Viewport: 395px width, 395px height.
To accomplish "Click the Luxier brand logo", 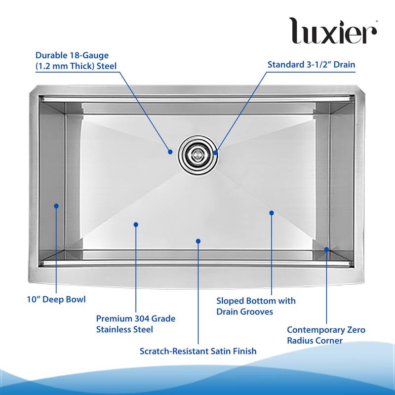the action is (333, 31).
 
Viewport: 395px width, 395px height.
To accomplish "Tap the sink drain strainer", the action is (198, 155).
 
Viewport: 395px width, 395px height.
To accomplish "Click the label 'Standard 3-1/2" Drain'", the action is (312, 65).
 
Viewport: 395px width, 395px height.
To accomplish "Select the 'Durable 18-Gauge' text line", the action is (72, 55).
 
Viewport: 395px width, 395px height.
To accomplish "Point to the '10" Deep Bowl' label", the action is (56, 299).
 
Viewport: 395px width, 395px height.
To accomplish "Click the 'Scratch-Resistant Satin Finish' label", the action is (198, 351).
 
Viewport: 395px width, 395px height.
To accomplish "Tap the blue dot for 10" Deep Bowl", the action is (56, 206).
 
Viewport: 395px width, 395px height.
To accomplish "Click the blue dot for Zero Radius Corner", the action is (326, 249).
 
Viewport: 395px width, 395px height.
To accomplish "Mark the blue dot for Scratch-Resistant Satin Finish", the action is (198, 241).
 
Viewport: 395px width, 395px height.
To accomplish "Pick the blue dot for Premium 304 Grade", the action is (136, 225).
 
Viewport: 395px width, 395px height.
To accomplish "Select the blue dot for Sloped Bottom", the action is (271, 213).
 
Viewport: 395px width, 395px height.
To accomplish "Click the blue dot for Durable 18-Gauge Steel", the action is (170, 152).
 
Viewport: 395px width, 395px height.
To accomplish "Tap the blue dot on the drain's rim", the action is (215, 153).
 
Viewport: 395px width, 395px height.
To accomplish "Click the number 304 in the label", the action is (140, 318).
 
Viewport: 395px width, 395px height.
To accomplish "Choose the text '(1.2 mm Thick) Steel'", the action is (76, 66).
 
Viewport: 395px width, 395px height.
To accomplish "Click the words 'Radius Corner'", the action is (315, 341).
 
